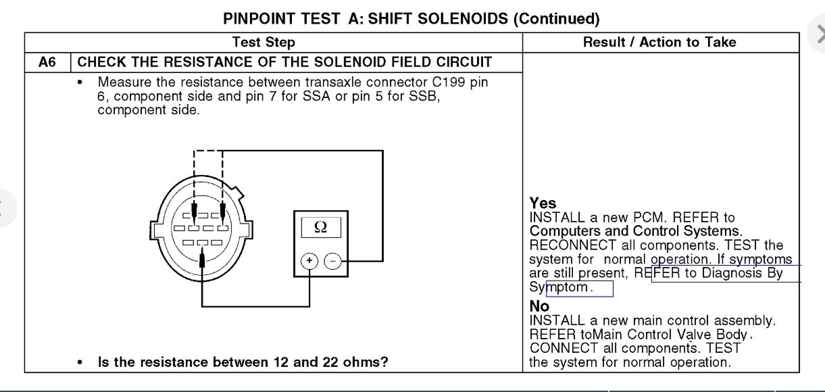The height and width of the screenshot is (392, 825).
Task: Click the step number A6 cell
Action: [x=47, y=63]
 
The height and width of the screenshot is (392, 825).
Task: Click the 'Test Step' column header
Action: [x=264, y=42]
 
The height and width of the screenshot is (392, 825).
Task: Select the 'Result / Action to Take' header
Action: [x=659, y=42]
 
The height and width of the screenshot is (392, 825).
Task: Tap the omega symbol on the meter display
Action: [x=320, y=227]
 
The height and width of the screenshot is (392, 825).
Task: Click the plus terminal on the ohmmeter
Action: [x=309, y=261]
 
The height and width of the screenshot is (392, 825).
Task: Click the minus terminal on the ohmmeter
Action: [x=332, y=261]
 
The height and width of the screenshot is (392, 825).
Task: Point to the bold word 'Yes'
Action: [x=543, y=203]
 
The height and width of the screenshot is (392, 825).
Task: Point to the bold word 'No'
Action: [x=539, y=306]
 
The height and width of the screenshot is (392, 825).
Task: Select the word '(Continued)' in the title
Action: [x=556, y=18]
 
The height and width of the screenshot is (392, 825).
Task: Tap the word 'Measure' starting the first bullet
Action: [x=122, y=82]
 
